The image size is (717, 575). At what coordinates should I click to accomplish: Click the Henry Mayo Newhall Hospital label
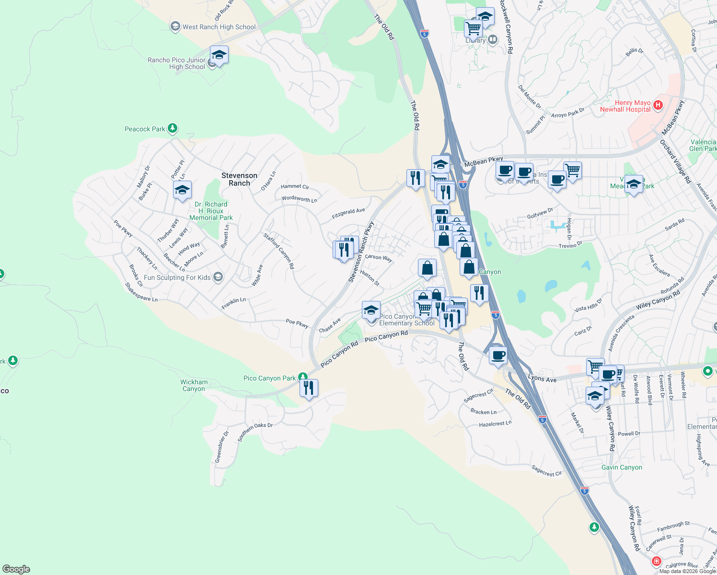(625, 106)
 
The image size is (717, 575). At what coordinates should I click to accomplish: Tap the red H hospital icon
(658, 105)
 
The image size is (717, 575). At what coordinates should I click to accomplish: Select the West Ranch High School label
(219, 27)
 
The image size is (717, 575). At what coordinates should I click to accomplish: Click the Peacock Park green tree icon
(173, 128)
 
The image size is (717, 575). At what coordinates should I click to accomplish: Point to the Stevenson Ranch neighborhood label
(239, 179)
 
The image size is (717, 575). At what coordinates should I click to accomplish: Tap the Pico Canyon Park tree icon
(302, 378)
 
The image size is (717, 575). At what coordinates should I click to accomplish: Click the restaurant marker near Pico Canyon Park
(309, 388)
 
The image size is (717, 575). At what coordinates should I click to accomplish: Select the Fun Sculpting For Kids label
(177, 277)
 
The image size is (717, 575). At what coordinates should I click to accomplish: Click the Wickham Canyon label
(194, 385)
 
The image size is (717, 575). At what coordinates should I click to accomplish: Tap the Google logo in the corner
(16, 569)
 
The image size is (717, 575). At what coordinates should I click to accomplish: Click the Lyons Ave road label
(542, 379)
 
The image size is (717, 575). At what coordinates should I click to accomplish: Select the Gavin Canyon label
(622, 467)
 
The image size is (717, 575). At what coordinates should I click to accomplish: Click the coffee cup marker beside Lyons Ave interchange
(498, 356)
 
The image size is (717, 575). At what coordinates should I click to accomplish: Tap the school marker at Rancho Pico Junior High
(219, 55)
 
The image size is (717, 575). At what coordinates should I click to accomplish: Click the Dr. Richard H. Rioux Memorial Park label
(211, 211)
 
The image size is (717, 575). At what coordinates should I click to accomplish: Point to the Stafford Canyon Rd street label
(278, 251)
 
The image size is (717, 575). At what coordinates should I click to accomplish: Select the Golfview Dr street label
(540, 213)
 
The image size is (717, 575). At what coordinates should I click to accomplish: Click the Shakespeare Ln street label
(141, 292)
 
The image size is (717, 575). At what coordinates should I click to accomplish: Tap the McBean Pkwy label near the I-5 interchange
(484, 162)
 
